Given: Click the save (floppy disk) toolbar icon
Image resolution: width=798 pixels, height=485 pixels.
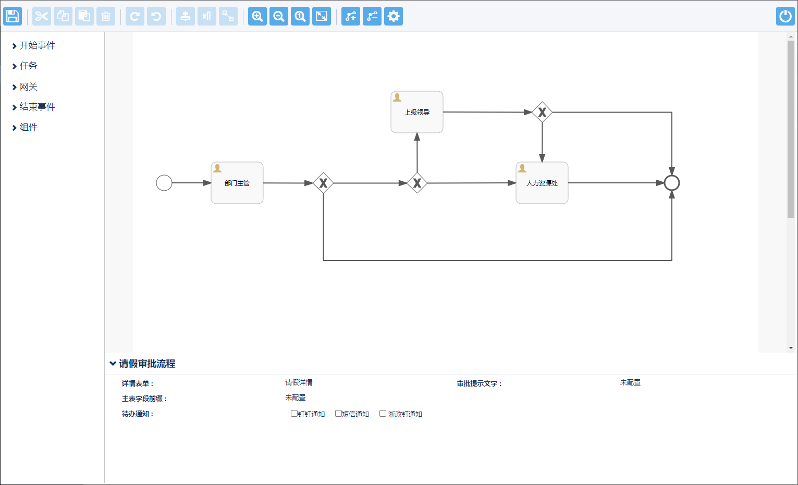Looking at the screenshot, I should pyautogui.click(x=13, y=16).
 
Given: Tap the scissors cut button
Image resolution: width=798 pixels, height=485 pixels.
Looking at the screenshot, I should pyautogui.click(x=42, y=16).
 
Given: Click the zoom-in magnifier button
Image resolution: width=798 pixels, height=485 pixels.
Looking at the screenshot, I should pyautogui.click(x=257, y=16).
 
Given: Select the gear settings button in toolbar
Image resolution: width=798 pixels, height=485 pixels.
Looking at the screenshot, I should pyautogui.click(x=394, y=16).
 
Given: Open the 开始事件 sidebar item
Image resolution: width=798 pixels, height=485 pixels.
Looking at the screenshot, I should pyautogui.click(x=37, y=46).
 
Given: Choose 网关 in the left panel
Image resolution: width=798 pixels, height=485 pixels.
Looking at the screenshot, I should pyautogui.click(x=28, y=87).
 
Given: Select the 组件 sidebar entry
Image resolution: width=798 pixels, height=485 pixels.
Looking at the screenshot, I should pyautogui.click(x=28, y=128).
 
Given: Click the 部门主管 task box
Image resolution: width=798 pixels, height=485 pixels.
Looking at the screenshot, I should pyautogui.click(x=237, y=183).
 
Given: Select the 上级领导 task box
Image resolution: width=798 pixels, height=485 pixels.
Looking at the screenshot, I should pyautogui.click(x=417, y=112).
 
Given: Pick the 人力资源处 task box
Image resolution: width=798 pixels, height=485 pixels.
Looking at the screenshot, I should pyautogui.click(x=542, y=183).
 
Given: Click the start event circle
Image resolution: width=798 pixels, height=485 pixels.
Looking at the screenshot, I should pyautogui.click(x=164, y=183).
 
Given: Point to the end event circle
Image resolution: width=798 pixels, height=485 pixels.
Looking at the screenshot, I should pyautogui.click(x=672, y=183).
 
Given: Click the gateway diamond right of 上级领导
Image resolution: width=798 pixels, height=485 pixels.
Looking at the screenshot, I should pyautogui.click(x=542, y=112).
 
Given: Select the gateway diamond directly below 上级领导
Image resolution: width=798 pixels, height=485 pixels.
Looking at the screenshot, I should pyautogui.click(x=417, y=183).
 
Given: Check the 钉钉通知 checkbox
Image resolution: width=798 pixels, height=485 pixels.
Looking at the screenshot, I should pyautogui.click(x=294, y=414).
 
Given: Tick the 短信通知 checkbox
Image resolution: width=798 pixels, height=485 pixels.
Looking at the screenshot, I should pyautogui.click(x=338, y=414).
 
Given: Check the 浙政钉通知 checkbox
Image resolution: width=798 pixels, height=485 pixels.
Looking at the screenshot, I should pyautogui.click(x=383, y=414).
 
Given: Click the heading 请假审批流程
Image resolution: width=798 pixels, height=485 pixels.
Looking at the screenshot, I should pyautogui.click(x=147, y=364).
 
